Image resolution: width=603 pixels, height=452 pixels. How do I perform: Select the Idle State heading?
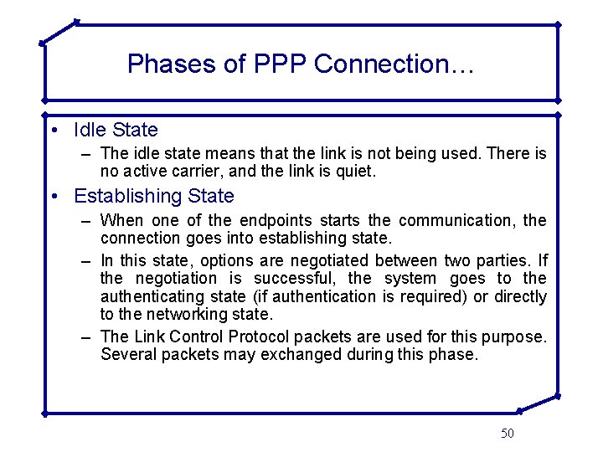pos(116,131)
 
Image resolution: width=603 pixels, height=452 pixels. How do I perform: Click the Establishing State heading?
pos(154,197)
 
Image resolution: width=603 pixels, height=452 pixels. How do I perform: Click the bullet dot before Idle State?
pos(54,131)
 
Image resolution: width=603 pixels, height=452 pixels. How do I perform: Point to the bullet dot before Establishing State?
pos(54,198)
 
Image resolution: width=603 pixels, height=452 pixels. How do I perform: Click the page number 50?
pos(508,433)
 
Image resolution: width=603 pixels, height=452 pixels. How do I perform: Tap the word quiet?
pos(358,172)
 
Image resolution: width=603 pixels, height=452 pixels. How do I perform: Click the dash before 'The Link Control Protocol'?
pos(87,336)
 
